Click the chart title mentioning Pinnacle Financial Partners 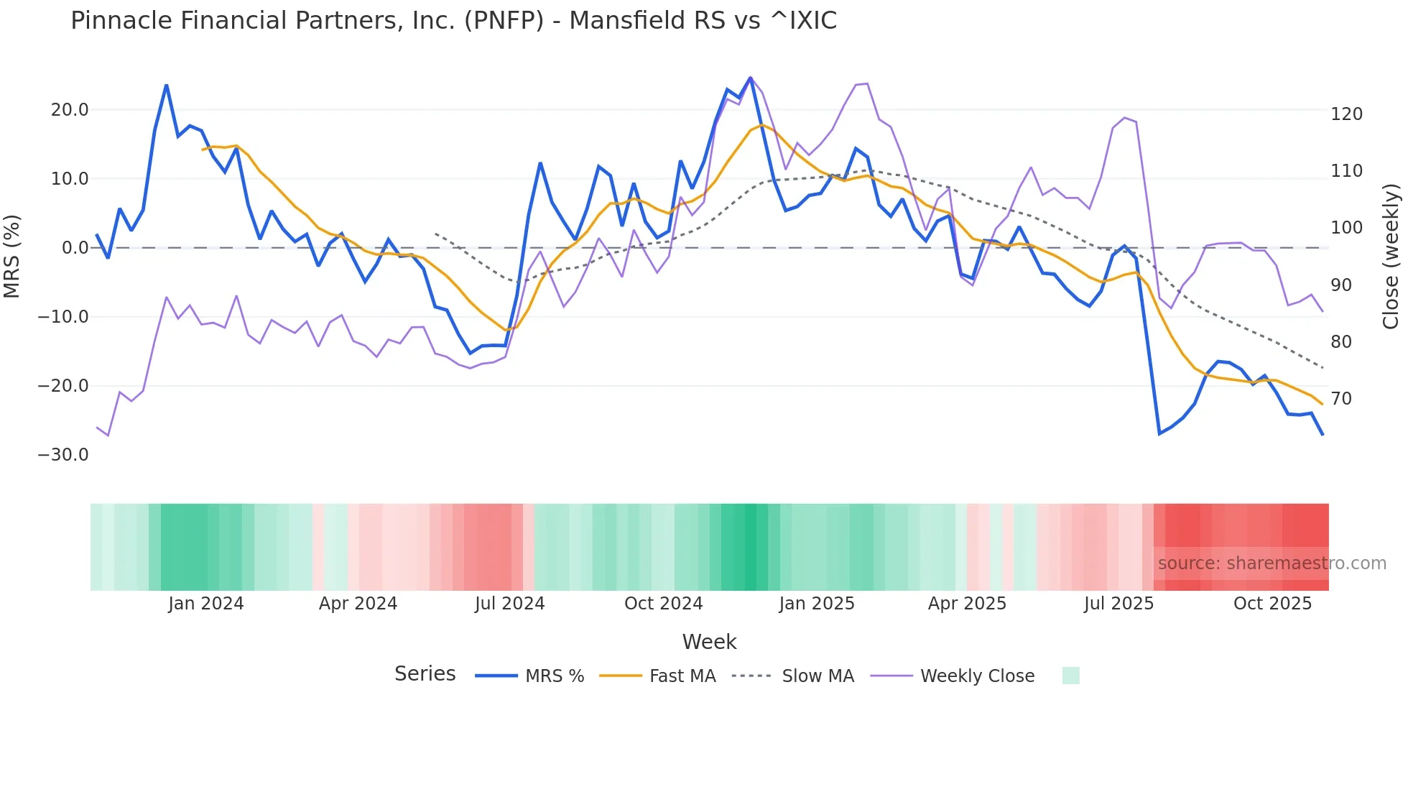(x=453, y=21)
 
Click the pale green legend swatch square (x=1070, y=676)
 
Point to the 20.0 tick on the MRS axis (x=70, y=110)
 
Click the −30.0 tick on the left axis (x=63, y=455)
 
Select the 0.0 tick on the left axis (x=75, y=248)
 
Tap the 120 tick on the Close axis (x=1346, y=114)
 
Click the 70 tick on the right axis (x=1341, y=399)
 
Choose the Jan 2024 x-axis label (x=206, y=604)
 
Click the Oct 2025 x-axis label (x=1272, y=604)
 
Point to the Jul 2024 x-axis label (x=509, y=604)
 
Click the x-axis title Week (x=709, y=642)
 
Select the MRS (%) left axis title (x=12, y=256)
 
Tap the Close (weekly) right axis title (x=1391, y=257)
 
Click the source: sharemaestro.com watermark (x=1272, y=563)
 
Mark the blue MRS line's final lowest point (x=1323, y=435)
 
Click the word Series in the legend (x=425, y=674)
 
